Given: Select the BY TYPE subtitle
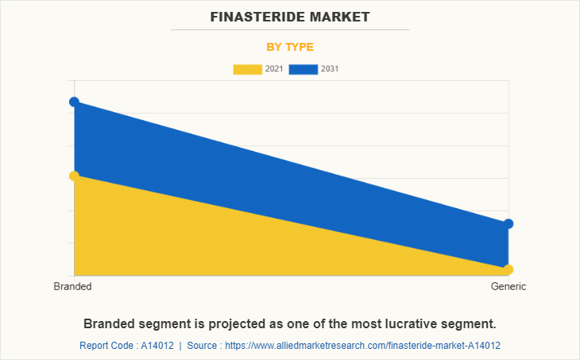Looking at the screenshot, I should coord(290,47).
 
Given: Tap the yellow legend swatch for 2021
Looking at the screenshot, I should coord(246,69).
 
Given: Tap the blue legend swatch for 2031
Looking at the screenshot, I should coord(303,69).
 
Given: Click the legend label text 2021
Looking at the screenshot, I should coord(273,69).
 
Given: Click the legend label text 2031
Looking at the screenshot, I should coord(330,69).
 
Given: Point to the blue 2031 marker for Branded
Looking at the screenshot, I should coord(74,102).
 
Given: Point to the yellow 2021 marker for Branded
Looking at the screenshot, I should coord(74,176).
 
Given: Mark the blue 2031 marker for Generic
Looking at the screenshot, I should coord(508,224).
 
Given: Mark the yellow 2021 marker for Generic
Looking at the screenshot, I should coord(508,269).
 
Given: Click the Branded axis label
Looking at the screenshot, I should coord(72,287).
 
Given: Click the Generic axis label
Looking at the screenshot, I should coord(508,287).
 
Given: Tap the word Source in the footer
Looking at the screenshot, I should coord(203,346).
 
